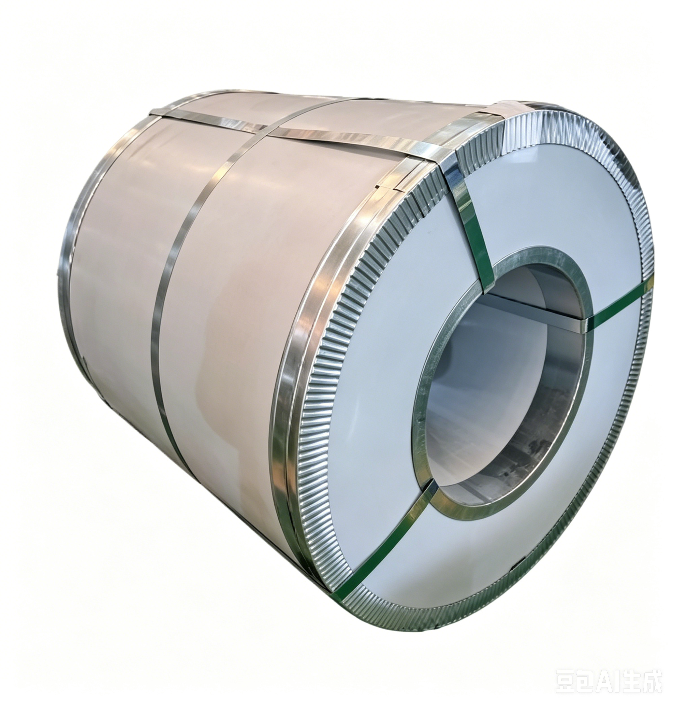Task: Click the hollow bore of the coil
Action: click(x=502, y=380)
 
